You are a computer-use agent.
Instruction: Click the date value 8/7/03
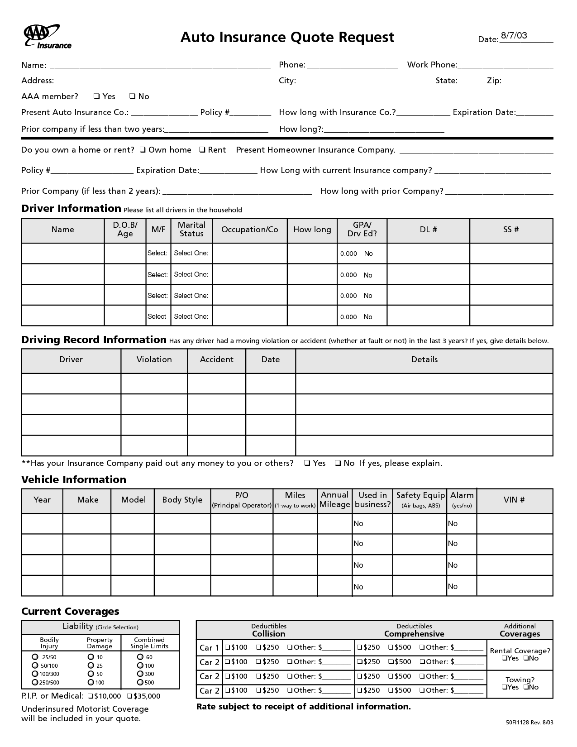click(514, 36)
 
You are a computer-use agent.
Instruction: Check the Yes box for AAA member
click(96, 96)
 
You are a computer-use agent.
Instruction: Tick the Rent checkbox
click(202, 150)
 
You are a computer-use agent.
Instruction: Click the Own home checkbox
click(143, 150)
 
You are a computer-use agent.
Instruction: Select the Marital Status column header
click(191, 230)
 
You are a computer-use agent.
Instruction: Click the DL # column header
click(428, 230)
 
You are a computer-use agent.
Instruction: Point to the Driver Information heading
click(71, 209)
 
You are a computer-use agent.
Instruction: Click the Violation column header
click(154, 359)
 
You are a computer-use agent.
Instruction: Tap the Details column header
click(424, 359)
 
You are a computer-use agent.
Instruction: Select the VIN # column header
click(514, 500)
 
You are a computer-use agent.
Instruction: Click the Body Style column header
click(182, 500)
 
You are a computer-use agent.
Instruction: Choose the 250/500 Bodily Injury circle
click(35, 682)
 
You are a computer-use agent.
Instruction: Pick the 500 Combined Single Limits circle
click(140, 682)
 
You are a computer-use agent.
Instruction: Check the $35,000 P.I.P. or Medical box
click(129, 696)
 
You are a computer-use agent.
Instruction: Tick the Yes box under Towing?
click(504, 687)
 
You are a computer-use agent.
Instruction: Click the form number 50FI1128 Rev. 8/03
click(529, 723)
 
